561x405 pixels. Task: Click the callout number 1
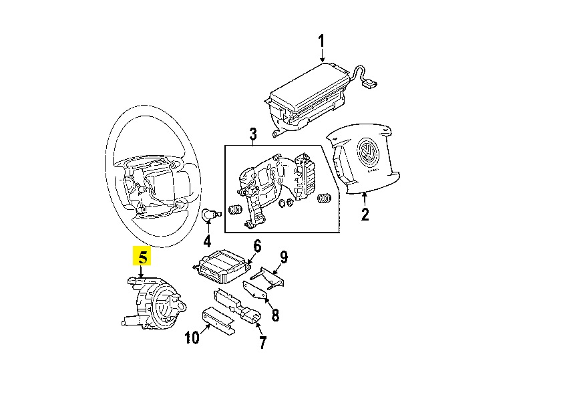click(321, 43)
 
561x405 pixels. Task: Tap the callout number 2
click(365, 215)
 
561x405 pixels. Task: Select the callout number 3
click(253, 136)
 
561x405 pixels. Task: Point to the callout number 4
click(207, 240)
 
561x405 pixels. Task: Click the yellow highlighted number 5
click(143, 257)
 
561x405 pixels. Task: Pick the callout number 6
click(257, 246)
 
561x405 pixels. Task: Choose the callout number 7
click(262, 343)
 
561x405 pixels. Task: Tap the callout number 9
click(283, 257)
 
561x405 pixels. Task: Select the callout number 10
click(192, 337)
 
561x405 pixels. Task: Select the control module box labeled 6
click(221, 265)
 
